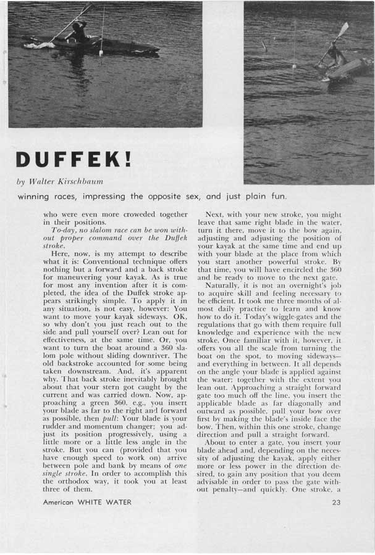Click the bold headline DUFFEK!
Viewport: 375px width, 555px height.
coord(74,159)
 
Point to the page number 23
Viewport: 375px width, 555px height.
coord(336,503)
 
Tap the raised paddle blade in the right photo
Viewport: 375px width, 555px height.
coord(343,28)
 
